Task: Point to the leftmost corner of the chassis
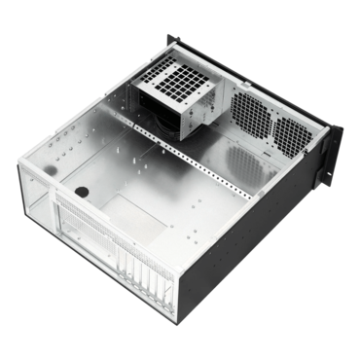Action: tap(22, 167)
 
